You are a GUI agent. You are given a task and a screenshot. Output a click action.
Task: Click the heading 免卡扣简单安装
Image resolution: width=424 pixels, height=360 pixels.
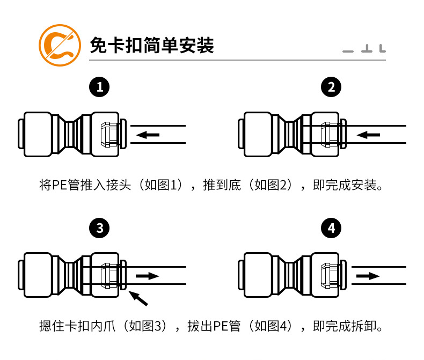(152, 45)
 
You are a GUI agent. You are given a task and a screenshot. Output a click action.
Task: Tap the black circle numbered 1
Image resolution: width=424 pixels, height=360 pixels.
(100, 86)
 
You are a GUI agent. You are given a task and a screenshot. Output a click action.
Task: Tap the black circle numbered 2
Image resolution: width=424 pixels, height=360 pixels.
(331, 86)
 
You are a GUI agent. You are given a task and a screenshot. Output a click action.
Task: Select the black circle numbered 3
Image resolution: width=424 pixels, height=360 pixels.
(100, 229)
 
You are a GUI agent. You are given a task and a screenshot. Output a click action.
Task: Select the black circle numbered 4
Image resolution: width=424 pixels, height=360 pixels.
(331, 229)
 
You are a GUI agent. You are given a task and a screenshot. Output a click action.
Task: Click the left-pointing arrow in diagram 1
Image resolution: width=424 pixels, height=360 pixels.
(148, 135)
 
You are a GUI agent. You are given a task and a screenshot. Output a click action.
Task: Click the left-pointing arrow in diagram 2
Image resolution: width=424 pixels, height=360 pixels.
(369, 135)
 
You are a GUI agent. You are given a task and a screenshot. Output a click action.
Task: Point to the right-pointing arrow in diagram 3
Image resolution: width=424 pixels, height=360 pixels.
(148, 276)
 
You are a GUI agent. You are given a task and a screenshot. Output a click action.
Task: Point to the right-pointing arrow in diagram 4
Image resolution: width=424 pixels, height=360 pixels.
(368, 276)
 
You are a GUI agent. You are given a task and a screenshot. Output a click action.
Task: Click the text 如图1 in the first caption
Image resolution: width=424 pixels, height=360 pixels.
(164, 186)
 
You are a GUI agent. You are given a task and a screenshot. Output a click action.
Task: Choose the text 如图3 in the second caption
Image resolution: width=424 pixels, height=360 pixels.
(147, 326)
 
